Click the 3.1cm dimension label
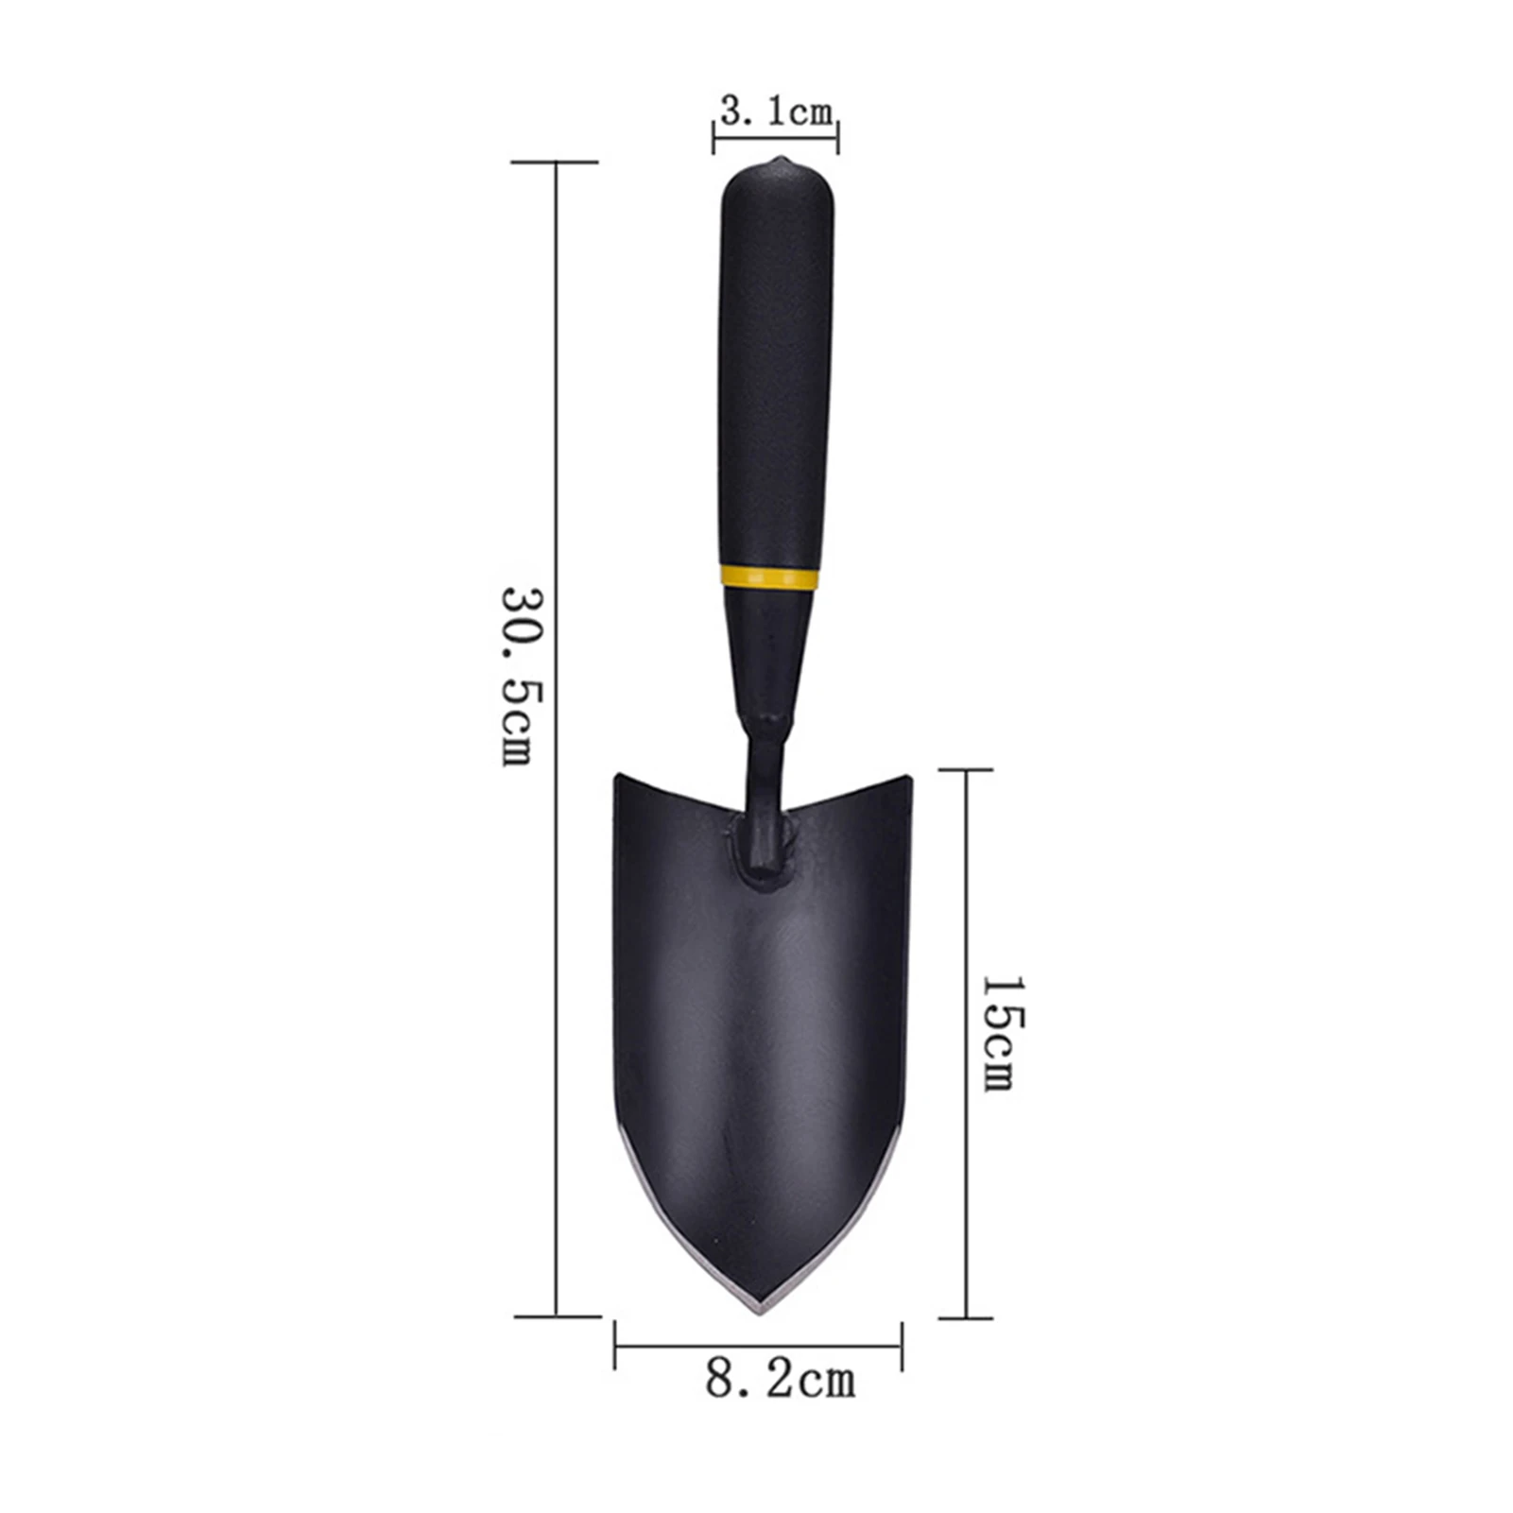point(777,112)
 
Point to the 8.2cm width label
point(780,1380)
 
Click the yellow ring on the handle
point(769,577)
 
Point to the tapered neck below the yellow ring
point(767,652)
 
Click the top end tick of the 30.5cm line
point(556,163)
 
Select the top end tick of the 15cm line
point(966,770)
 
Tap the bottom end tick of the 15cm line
point(966,1317)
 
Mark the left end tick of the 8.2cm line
point(615,1346)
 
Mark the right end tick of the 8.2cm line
point(902,1346)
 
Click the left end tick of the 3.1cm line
point(714,138)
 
